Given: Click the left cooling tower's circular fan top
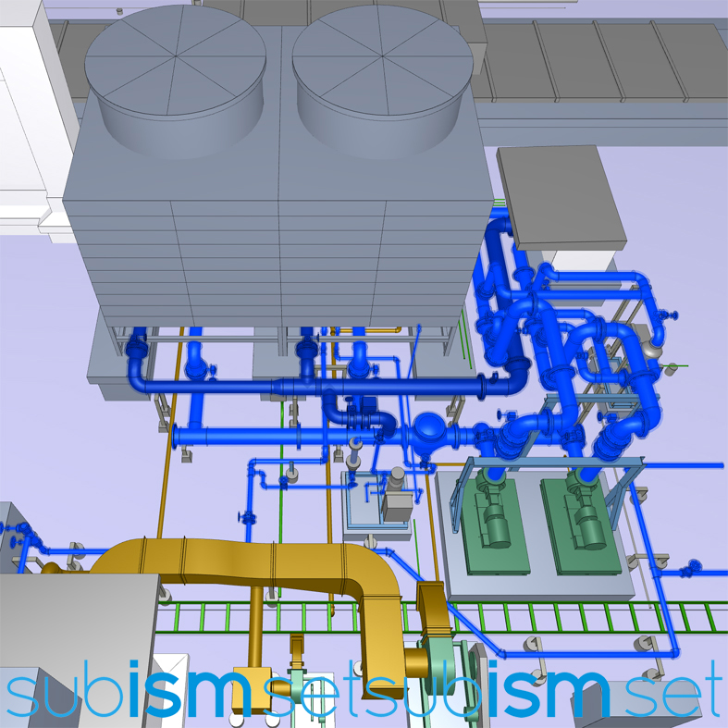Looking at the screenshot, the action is pyautogui.click(x=176, y=60).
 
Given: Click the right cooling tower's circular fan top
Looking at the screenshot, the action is pyautogui.click(x=383, y=56).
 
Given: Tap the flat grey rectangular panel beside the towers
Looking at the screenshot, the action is pyautogui.click(x=561, y=197).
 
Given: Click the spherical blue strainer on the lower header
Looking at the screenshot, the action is pyautogui.click(x=429, y=428).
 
